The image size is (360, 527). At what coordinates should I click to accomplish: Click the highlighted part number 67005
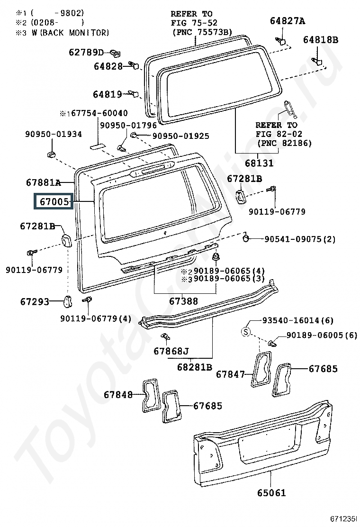54,202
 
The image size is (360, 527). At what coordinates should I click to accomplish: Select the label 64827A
288,21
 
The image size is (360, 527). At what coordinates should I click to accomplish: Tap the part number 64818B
321,40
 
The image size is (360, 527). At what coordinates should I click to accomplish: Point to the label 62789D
86,52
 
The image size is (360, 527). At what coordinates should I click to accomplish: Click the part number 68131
259,164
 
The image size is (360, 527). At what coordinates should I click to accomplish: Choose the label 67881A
44,182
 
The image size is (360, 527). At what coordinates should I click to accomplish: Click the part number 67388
183,301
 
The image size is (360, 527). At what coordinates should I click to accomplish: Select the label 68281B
195,367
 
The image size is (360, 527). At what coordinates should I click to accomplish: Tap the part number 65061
271,493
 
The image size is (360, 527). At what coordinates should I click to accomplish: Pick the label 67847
230,374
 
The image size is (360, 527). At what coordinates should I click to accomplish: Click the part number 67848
118,394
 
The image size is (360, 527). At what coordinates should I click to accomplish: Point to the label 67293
35,301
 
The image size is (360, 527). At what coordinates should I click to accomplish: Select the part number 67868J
171,351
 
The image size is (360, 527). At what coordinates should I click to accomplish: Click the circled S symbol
246,332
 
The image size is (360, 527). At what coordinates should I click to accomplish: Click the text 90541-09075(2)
300,239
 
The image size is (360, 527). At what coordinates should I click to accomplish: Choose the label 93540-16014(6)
298,320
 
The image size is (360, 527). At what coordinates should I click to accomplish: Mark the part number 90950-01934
54,134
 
